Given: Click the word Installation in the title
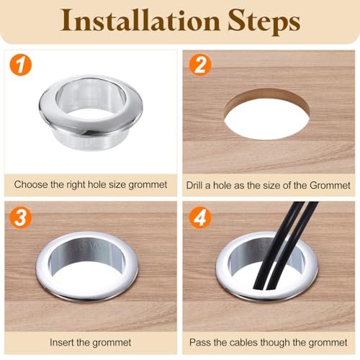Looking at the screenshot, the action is click(x=140, y=20).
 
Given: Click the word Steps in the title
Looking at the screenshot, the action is click(x=264, y=22).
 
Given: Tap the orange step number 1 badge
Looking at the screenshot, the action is click(x=21, y=65).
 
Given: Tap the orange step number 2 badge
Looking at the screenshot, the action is click(x=200, y=65).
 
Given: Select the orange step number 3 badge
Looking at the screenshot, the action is click(x=21, y=217).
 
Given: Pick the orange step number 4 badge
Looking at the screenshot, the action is click(x=200, y=217).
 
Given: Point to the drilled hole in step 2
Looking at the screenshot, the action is click(x=266, y=114).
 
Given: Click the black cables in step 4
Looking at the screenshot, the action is click(x=286, y=247).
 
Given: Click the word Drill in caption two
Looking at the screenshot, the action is click(x=194, y=185).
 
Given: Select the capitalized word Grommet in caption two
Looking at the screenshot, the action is click(x=330, y=185).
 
